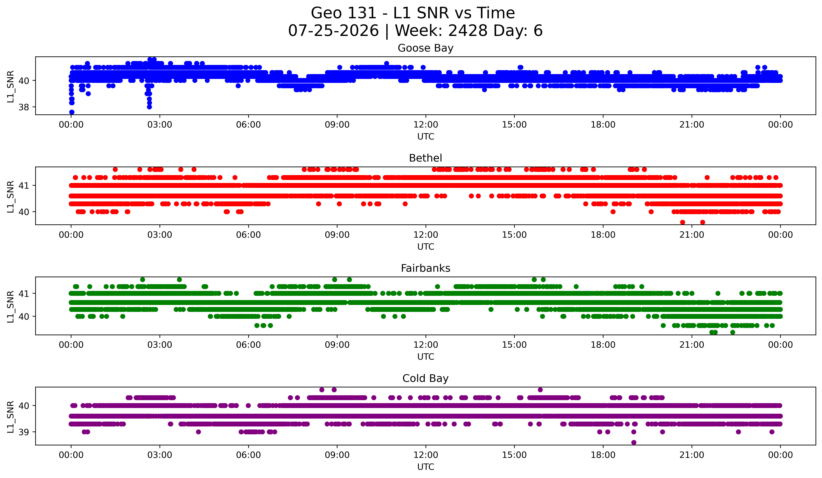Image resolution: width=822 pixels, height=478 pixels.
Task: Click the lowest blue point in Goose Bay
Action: pos(72,112)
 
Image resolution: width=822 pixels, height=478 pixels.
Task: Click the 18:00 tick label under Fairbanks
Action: pos(603,345)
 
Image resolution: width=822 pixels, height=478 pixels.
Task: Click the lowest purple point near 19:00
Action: pos(634,442)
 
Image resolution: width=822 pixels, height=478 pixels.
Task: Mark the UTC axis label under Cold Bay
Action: pos(426,467)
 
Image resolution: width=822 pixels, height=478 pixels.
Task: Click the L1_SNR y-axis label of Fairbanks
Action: pos(10,307)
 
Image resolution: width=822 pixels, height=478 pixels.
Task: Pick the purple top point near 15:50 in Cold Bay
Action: pos(540,390)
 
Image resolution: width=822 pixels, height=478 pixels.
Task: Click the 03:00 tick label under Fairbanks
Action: pos(160,345)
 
